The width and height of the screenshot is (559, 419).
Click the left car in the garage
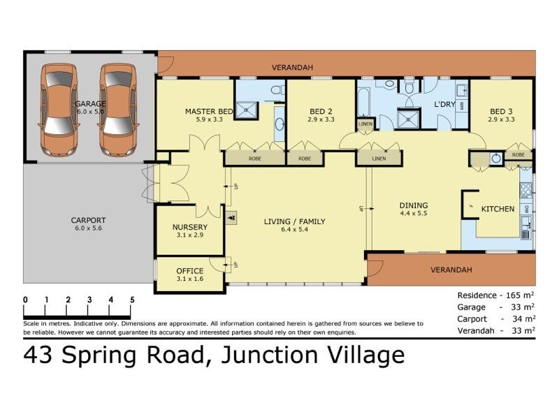(x=59, y=110)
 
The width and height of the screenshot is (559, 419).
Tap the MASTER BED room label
(x=209, y=111)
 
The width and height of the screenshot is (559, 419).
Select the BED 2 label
(x=320, y=111)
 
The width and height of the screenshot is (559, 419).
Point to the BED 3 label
(x=501, y=111)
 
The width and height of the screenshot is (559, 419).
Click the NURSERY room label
(x=189, y=228)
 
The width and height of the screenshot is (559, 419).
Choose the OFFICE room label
(x=189, y=271)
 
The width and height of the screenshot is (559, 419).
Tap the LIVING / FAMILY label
(x=294, y=222)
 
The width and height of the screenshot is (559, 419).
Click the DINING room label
(x=413, y=205)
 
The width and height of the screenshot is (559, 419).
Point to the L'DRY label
(x=445, y=104)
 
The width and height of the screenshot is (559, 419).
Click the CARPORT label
(x=88, y=221)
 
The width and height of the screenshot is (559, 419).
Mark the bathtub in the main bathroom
(x=364, y=103)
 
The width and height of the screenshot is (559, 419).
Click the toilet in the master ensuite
(x=276, y=89)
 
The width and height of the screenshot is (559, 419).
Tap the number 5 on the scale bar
(x=132, y=300)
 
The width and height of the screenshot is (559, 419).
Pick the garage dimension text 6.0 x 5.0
(x=89, y=112)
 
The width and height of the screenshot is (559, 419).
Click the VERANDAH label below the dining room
(x=451, y=270)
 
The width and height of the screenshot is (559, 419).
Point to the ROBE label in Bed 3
(x=518, y=155)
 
